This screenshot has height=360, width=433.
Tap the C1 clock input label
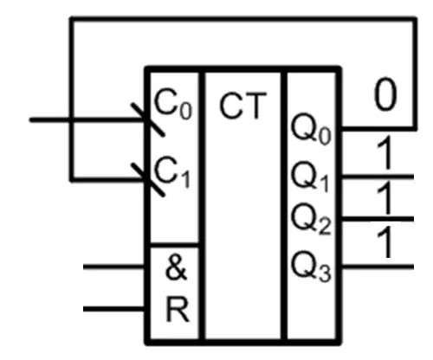coord(172,171)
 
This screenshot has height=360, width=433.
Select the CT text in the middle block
coord(242,106)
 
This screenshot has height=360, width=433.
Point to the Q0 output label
coord(311,130)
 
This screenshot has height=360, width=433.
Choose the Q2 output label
coord(311,219)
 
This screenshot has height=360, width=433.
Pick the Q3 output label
coord(311,266)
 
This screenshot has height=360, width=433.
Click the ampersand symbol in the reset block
coord(176,268)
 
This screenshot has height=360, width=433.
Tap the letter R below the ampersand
coord(178,310)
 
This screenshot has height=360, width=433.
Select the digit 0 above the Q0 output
coord(385,93)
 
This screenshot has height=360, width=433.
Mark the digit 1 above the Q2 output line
coord(385,197)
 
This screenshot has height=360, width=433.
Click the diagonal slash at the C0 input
coord(148,119)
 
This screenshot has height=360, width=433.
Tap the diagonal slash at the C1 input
coord(148,180)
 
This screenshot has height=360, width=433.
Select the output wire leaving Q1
coord(378,177)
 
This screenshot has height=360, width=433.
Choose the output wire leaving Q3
coord(378,267)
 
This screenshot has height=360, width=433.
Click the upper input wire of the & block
coord(114,267)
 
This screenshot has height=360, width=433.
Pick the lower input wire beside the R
coord(114,309)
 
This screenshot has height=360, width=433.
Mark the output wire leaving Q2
coord(378,219)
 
